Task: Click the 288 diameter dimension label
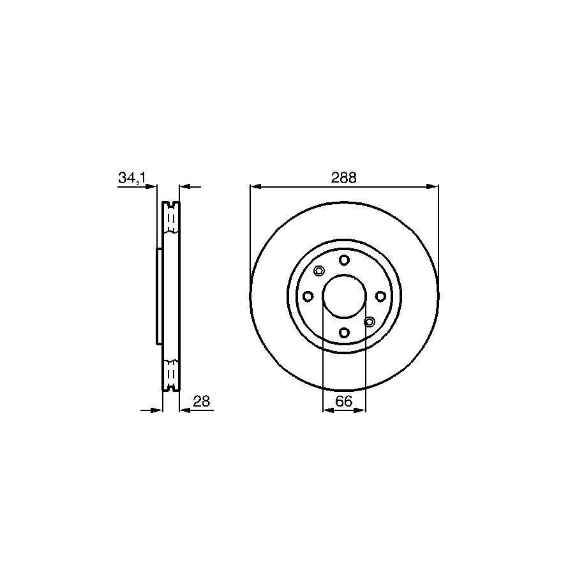(x=344, y=178)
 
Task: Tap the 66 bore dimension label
(x=344, y=401)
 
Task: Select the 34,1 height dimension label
(x=131, y=178)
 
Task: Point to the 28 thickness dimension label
(x=202, y=401)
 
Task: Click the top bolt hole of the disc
(x=344, y=260)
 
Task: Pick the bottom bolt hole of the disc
(x=344, y=332)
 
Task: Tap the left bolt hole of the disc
(x=308, y=296)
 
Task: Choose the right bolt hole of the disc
(x=380, y=296)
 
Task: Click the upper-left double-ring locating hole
(x=319, y=271)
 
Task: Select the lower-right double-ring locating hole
(x=370, y=322)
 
